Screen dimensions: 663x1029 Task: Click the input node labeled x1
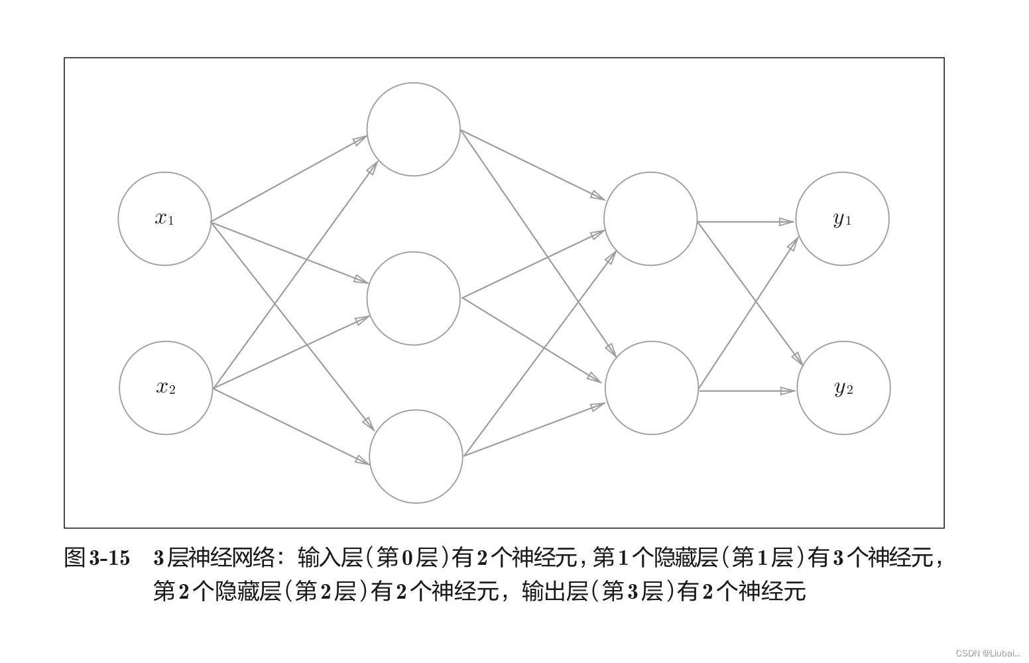164,219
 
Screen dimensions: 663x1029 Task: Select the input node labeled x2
166,388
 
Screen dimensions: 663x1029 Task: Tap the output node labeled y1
842,219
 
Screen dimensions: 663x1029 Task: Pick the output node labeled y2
843,388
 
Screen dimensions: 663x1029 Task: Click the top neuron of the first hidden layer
413,129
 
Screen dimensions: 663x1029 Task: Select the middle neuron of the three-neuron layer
413,298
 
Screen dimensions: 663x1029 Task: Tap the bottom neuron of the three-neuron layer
416,456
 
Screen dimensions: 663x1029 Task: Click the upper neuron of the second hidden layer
650,219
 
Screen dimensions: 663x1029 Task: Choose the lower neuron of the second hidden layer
652,388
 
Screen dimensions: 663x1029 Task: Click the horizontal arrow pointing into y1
746,222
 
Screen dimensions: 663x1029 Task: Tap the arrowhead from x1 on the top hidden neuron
359,140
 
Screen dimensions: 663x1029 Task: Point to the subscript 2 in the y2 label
850,391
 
